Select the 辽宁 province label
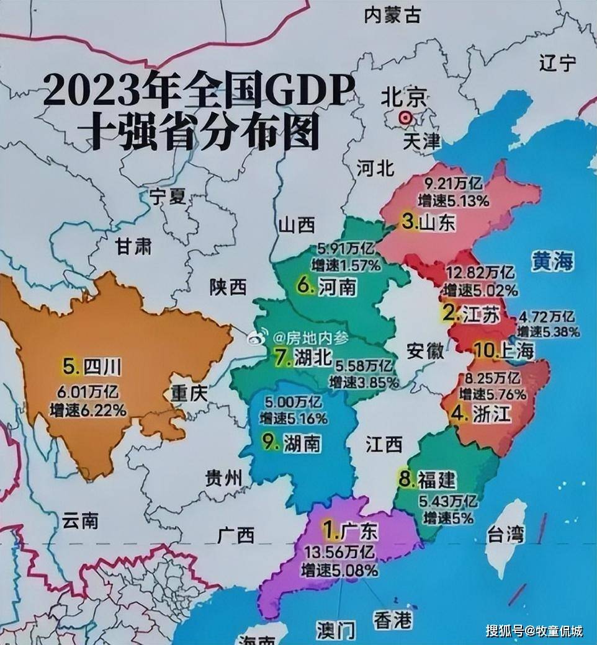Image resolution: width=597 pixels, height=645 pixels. pos(557,63)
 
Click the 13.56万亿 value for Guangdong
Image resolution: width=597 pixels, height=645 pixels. pos(339,552)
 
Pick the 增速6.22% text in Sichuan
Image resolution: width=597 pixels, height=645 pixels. pos(89,410)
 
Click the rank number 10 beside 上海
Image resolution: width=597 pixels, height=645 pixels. pos(484,350)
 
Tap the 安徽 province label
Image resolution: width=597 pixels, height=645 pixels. pos(425,350)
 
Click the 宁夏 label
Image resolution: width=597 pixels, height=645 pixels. pos(168,197)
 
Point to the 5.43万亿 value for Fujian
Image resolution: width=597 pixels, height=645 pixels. pos(448,502)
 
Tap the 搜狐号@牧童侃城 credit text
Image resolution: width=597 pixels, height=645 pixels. pos(534,631)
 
